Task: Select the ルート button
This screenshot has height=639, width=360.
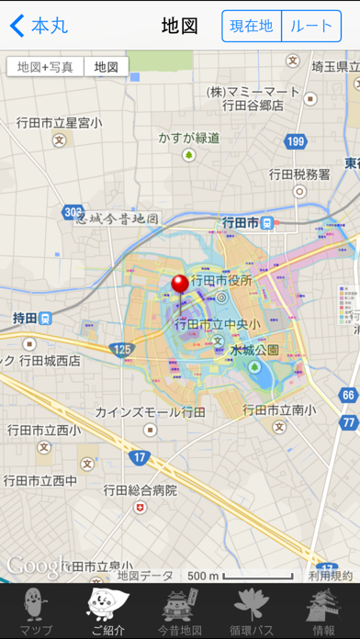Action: [310, 26]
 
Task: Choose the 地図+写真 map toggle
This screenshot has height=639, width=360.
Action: [45, 66]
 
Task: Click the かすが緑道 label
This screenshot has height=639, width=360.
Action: [189, 138]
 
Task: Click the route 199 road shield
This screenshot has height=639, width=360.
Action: [296, 140]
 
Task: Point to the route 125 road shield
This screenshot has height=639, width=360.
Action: [120, 350]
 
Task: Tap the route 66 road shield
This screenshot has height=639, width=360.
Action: [347, 396]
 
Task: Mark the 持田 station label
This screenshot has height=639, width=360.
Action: [25, 318]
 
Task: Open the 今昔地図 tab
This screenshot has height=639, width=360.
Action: [180, 611]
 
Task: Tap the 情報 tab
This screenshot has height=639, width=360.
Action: [323, 611]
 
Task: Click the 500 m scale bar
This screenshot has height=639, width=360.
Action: [241, 577]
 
